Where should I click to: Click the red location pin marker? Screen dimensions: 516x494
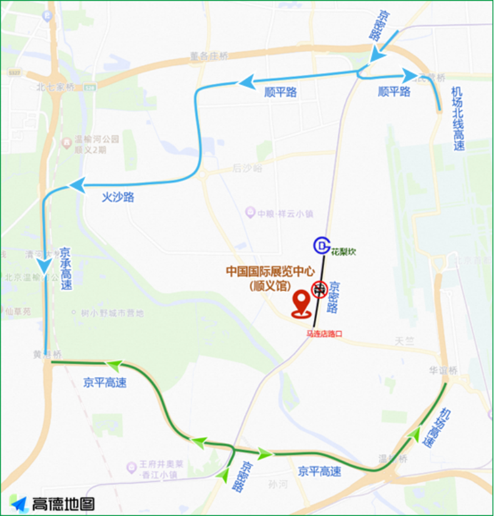(x=302, y=304)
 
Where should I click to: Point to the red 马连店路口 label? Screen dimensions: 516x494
(x=324, y=334)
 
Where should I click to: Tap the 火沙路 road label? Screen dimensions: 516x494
(x=118, y=197)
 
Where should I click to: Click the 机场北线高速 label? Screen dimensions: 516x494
(x=458, y=119)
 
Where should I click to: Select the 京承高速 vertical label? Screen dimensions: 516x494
(x=66, y=267)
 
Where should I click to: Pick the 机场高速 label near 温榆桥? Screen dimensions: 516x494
(x=435, y=427)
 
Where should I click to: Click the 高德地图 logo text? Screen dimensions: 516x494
(x=63, y=503)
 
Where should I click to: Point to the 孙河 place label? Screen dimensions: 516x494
(x=277, y=484)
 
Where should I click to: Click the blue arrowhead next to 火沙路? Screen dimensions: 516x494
(x=77, y=185)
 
